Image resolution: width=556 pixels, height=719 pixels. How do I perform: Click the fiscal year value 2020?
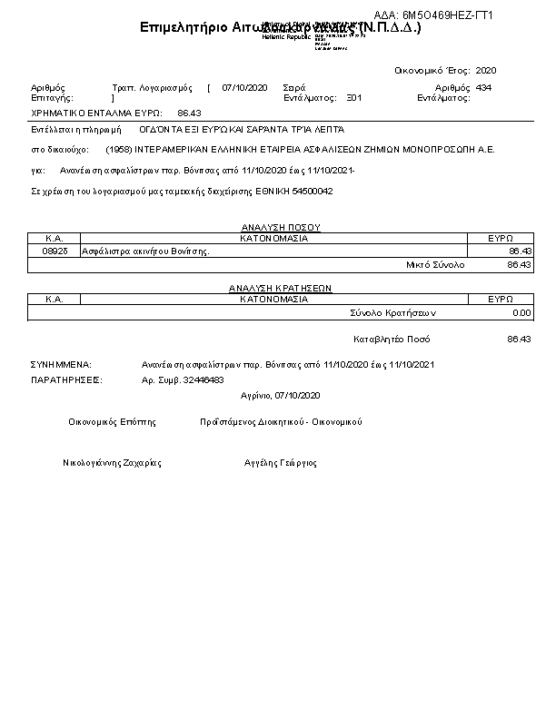[x=486, y=70]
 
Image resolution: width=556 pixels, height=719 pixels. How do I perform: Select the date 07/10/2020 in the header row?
[x=244, y=87]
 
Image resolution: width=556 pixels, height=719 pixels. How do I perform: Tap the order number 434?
[x=483, y=87]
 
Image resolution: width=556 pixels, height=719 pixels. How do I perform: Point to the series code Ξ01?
[x=353, y=97]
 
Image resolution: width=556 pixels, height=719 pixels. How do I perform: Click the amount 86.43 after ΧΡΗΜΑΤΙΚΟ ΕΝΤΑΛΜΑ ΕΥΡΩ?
[x=189, y=113]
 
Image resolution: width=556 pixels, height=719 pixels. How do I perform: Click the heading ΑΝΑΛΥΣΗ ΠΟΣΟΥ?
[x=280, y=227]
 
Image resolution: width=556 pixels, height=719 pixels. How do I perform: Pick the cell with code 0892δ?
[x=55, y=251]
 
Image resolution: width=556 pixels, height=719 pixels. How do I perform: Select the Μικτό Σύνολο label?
[x=435, y=264]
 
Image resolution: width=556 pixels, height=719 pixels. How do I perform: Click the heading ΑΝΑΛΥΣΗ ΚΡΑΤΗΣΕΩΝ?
[x=280, y=288]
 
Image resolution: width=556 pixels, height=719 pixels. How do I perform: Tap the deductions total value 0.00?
[x=521, y=312]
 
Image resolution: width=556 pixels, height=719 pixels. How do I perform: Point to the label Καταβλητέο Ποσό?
[x=392, y=339]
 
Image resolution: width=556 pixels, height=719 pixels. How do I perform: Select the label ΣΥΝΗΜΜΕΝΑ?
[x=61, y=364]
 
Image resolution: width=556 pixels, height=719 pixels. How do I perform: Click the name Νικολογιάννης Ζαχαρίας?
[x=112, y=462]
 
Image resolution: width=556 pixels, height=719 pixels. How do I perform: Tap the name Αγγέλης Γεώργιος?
[x=281, y=462]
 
